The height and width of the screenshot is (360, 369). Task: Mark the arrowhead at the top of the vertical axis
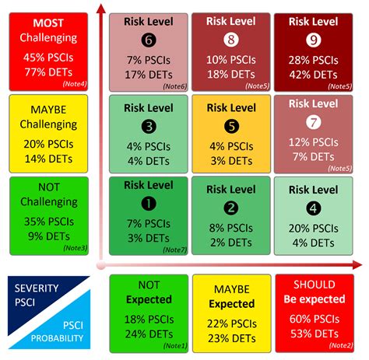click(100, 9)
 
